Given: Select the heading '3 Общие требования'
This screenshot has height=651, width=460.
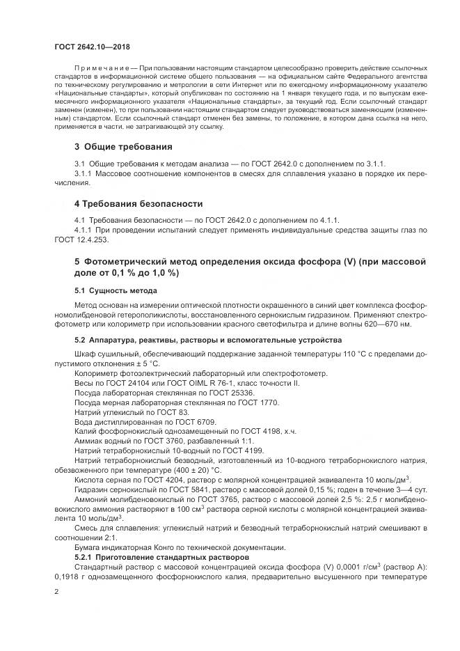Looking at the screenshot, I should pos(123,147).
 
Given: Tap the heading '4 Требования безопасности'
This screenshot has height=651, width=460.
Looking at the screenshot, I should pos(138,203).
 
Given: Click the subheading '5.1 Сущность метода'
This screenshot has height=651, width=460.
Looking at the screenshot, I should pos(115,290).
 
